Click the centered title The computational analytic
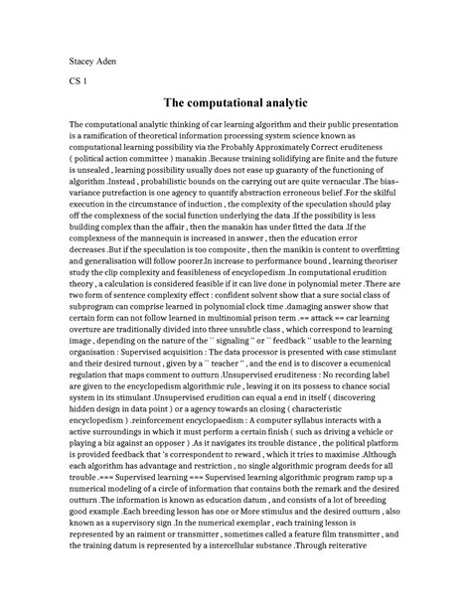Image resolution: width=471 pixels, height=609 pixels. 235,103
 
